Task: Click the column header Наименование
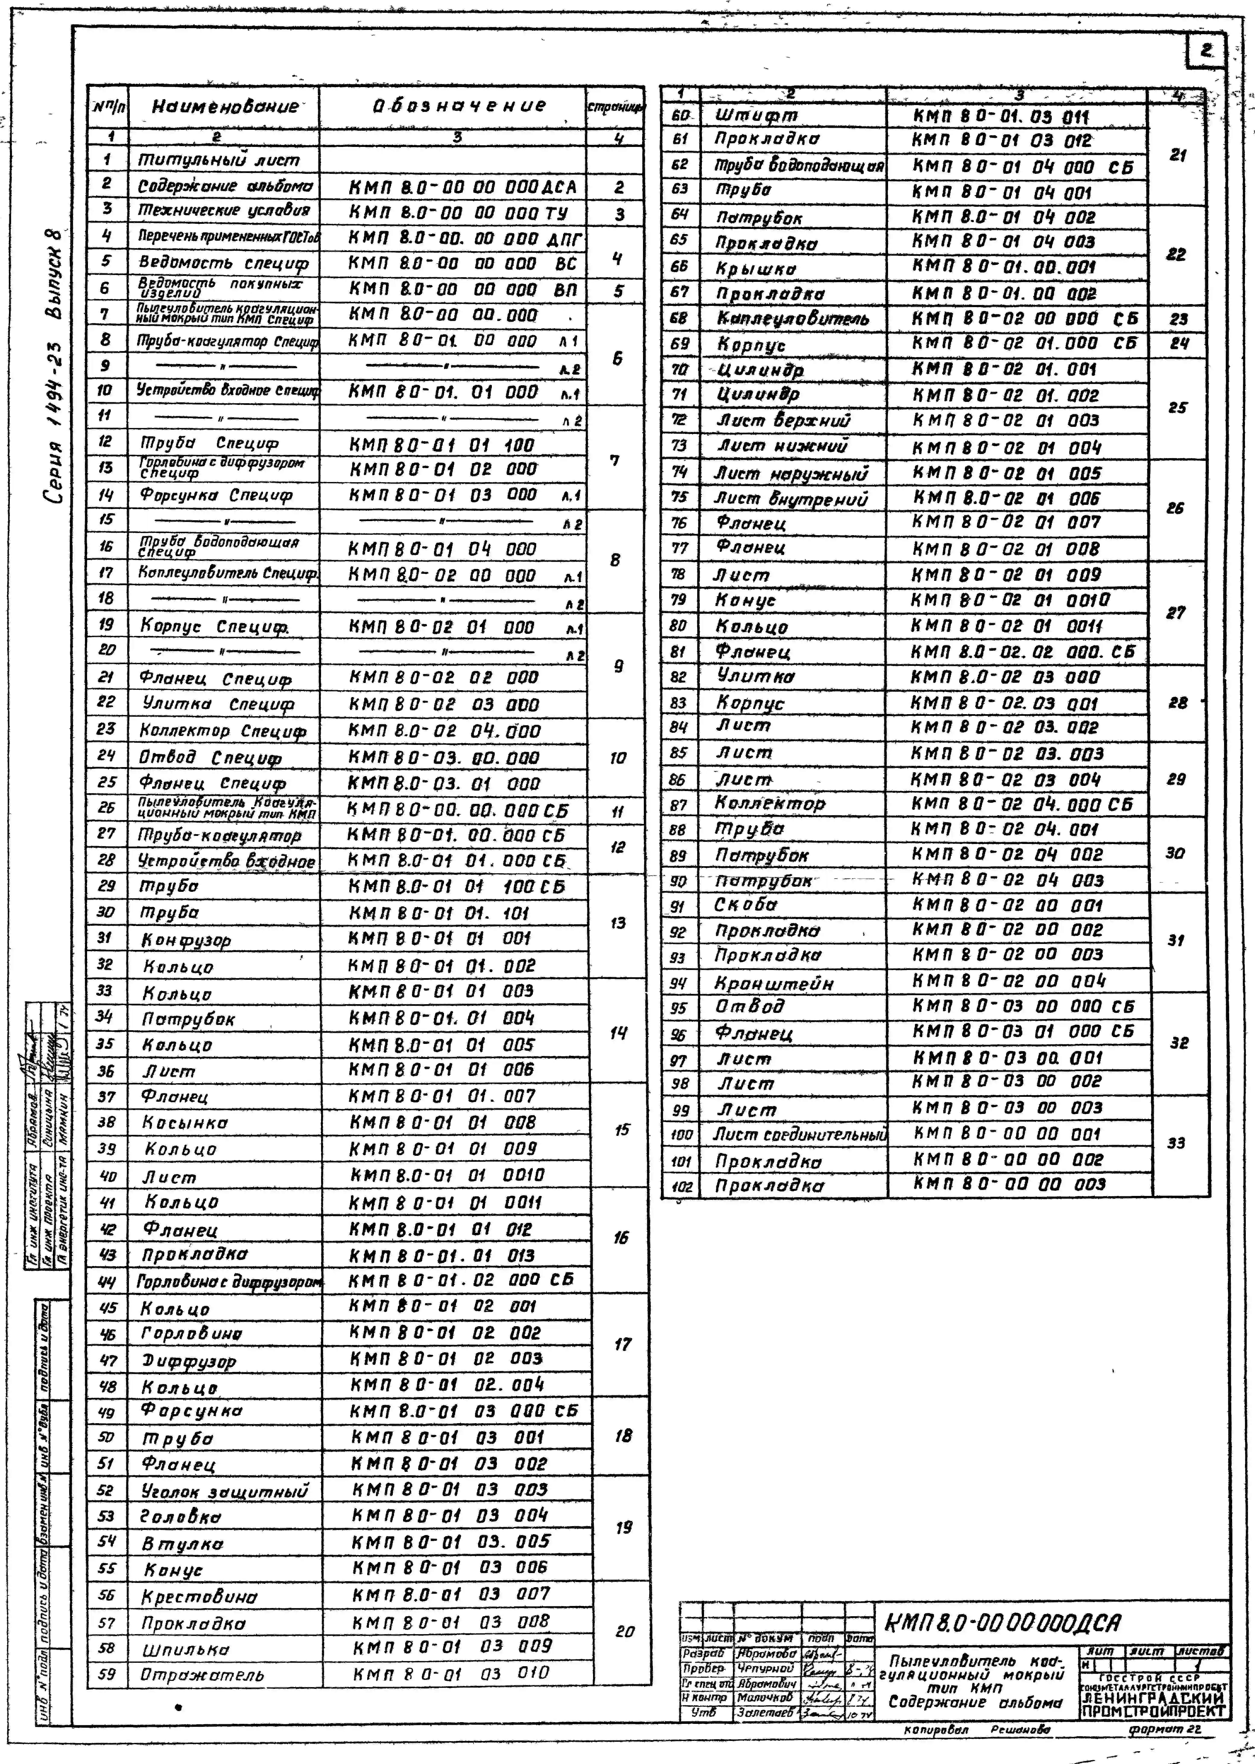click(224, 107)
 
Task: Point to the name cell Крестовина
click(199, 1596)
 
